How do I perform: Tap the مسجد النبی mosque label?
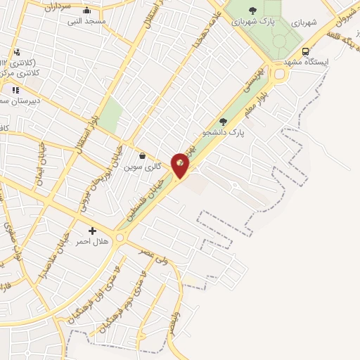[86, 22]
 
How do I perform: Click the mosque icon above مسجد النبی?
[86, 11]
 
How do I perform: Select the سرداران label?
[58, 8]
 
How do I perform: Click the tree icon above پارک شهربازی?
[252, 10]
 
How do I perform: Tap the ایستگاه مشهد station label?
[306, 63]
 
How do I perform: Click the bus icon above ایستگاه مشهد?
[305, 51]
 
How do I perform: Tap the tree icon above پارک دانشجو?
[223, 121]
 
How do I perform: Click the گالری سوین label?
[143, 167]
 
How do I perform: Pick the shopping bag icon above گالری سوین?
[143, 156]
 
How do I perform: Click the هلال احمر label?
[93, 241]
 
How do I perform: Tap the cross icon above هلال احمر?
[93, 230]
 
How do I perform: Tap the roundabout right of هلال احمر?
[121, 239]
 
